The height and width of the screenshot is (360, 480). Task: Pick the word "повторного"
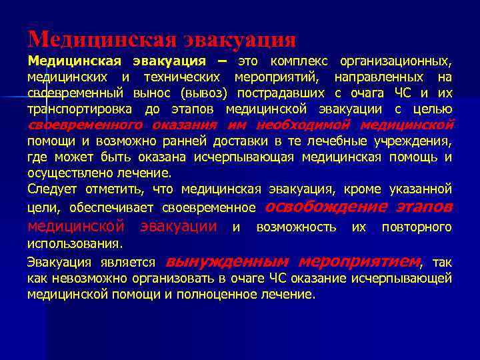click(x=417, y=227)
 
